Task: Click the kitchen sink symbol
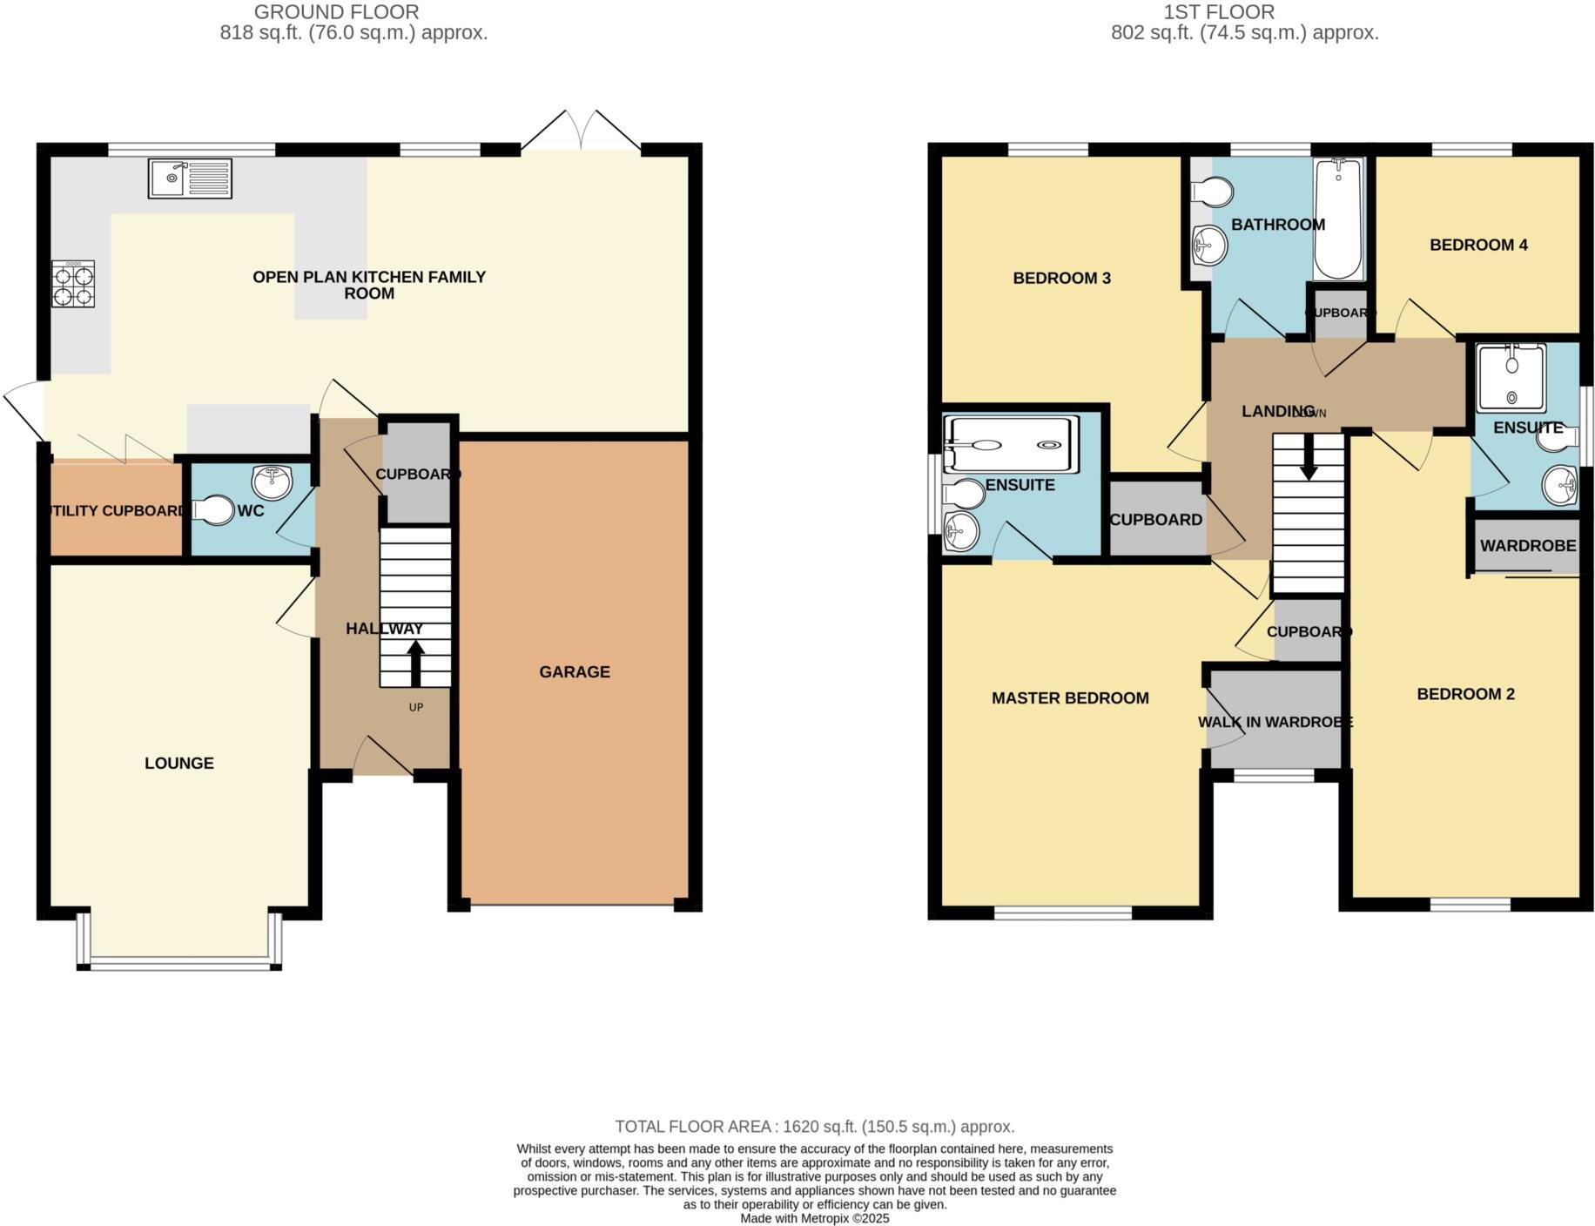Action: (x=190, y=179)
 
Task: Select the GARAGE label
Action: (x=574, y=671)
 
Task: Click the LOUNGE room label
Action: (x=178, y=763)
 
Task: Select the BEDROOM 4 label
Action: (x=1477, y=245)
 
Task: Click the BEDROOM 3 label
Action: (x=1061, y=278)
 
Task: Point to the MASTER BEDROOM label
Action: (x=1069, y=697)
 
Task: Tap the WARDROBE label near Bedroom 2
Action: (x=1527, y=546)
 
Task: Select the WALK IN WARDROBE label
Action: (x=1275, y=722)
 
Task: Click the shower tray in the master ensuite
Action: (x=1010, y=445)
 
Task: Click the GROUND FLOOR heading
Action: (x=336, y=12)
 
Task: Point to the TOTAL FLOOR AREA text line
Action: (x=814, y=1126)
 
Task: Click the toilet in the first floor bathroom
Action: (x=1213, y=192)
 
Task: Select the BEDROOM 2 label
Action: (x=1464, y=694)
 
